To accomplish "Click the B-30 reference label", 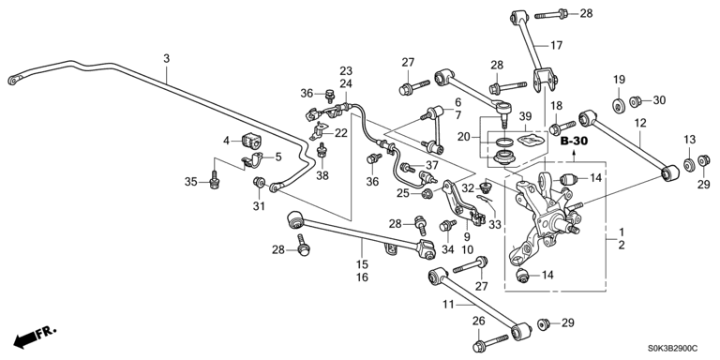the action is click(574, 142).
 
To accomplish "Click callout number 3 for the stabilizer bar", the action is click(166, 58).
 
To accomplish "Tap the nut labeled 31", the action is click(259, 183).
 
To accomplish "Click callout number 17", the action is click(556, 45).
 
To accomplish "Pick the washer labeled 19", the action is click(620, 105).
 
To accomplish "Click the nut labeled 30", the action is click(635, 100).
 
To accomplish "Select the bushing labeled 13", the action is click(689, 164).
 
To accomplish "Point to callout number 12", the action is click(640, 123).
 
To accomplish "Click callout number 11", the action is click(448, 304).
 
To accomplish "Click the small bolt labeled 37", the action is click(407, 168).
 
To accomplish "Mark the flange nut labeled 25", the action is click(427, 194).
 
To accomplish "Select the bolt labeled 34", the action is click(447, 225).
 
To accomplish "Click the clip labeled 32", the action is click(486, 187).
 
